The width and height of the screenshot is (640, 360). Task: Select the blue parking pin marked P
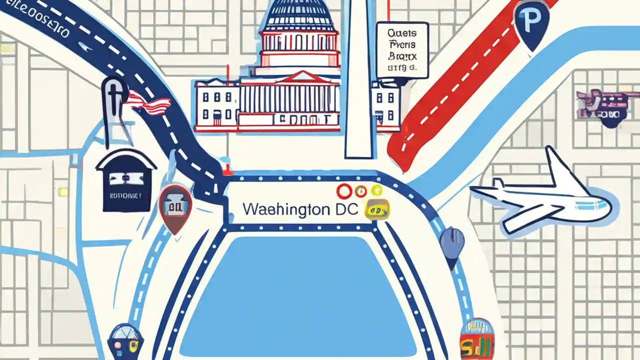531,22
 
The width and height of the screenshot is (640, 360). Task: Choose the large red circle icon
344,191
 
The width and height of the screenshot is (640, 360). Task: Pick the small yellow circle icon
376,190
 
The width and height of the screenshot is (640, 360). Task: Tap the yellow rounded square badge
377,210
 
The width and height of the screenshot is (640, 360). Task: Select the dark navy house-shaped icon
126,180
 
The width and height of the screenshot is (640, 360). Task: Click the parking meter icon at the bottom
125,340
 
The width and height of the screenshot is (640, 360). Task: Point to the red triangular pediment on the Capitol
300,77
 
